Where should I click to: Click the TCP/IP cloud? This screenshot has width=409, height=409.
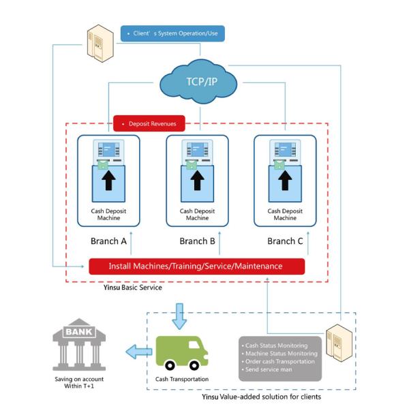click(x=199, y=82)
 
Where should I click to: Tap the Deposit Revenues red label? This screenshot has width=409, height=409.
click(x=149, y=124)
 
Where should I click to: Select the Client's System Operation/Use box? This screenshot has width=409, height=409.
click(x=172, y=33)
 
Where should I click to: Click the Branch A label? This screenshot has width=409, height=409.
click(x=109, y=241)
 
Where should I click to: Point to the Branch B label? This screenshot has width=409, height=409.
click(x=197, y=241)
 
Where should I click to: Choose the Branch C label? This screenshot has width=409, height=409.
click(x=285, y=241)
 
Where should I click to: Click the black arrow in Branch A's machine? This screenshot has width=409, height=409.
click(x=109, y=181)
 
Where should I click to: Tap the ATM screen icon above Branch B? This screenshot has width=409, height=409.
click(x=197, y=149)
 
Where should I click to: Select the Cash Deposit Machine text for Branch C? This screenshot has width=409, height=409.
click(x=285, y=215)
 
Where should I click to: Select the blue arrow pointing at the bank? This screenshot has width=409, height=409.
click(x=139, y=351)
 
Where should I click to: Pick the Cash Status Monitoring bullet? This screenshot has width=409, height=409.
click(x=279, y=345)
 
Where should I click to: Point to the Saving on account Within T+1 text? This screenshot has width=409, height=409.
click(x=76, y=383)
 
